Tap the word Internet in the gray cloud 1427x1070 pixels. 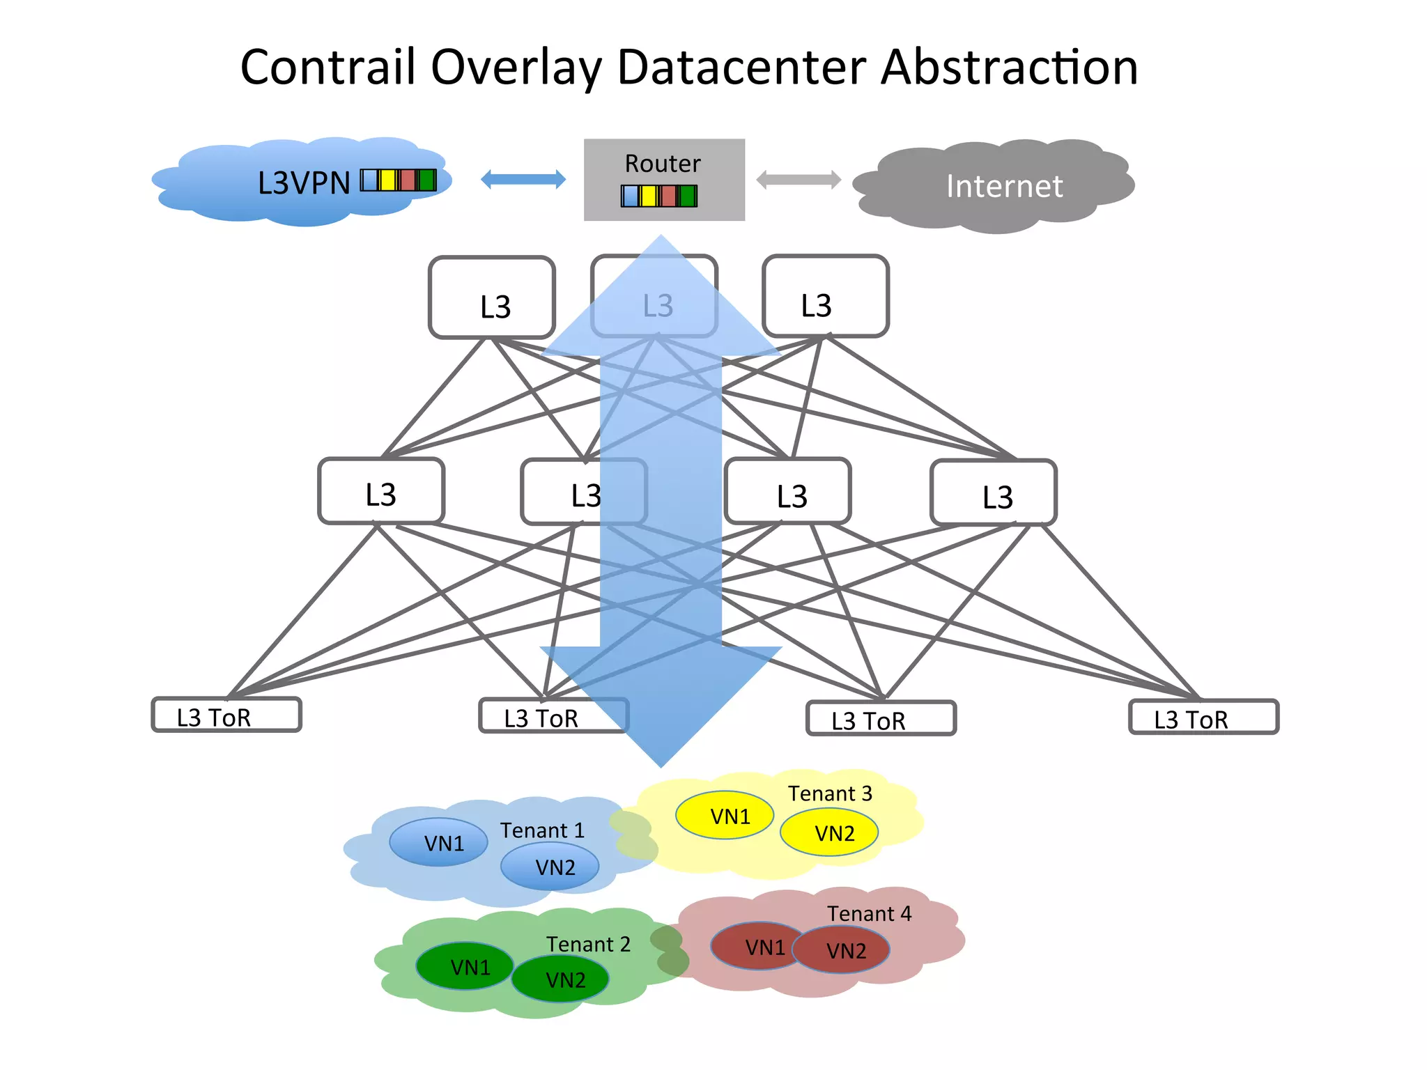1004,186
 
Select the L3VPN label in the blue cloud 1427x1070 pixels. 304,183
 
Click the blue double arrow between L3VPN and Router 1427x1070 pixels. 523,179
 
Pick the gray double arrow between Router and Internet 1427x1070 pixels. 799,180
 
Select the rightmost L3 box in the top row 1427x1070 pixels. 825,297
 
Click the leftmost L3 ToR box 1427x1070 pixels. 226,715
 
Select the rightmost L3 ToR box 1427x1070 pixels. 1203,718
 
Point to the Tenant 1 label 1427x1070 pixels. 542,830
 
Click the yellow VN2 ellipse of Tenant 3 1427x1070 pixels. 829,832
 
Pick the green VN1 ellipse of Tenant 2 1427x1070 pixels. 465,967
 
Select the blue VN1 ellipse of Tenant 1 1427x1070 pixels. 438,843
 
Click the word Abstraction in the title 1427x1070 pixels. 1009,68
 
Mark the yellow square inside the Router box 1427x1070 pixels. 649,196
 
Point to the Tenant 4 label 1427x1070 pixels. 869,913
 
